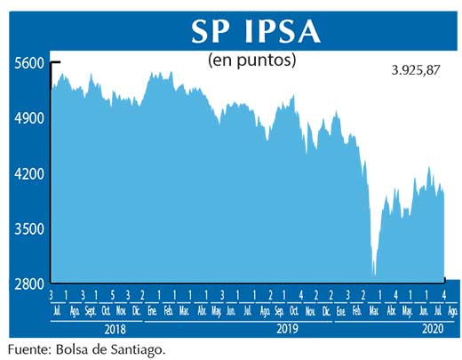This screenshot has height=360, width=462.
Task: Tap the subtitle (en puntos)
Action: [251, 60]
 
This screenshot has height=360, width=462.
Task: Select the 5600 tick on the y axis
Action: [29, 63]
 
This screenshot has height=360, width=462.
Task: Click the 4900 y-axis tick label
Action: [29, 118]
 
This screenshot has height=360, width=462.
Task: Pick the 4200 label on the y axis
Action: [29, 173]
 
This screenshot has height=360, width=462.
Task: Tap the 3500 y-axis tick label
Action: [29, 228]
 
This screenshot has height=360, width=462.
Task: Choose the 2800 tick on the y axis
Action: [29, 284]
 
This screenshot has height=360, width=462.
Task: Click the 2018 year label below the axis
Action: [96, 328]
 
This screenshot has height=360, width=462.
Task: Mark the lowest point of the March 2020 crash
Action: [374, 276]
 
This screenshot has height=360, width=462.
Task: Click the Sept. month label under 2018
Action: [90, 311]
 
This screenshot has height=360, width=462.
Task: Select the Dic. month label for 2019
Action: [325, 311]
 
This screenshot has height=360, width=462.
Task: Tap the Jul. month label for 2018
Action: [59, 311]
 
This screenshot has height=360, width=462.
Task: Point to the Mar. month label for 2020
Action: [373, 311]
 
